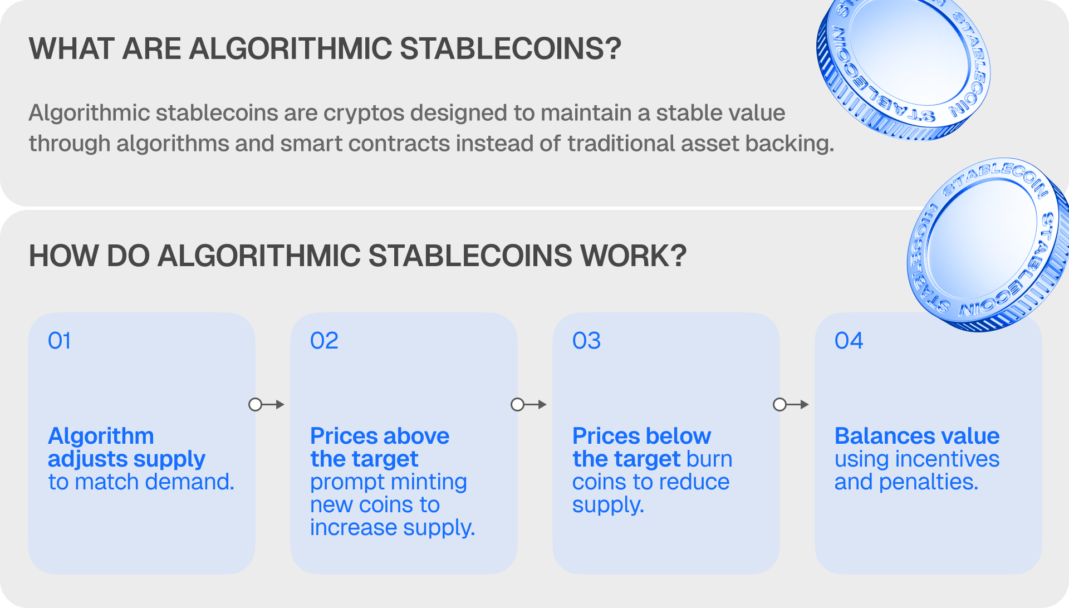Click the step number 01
pos(60,341)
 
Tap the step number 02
pos(324,341)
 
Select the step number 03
pos(587,341)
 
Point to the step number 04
pos(849,341)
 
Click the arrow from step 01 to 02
pos(267,405)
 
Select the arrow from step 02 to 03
pos(529,405)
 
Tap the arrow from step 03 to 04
pos(791,405)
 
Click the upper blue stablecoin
pos(903,67)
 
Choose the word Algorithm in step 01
pos(101,436)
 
